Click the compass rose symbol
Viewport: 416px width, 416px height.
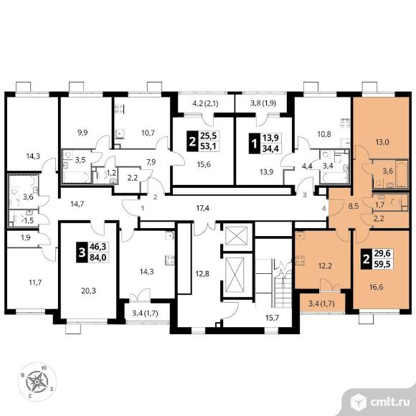(37, 382)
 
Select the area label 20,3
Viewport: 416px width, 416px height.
(89, 291)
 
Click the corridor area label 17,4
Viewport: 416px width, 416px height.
(202, 209)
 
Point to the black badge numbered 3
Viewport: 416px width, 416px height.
(82, 252)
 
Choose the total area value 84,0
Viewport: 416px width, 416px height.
(98, 257)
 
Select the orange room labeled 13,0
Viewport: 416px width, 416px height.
(380, 128)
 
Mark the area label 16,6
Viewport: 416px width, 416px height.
(376, 287)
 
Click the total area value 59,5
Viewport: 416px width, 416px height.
(382, 264)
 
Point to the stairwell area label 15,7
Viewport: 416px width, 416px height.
(273, 317)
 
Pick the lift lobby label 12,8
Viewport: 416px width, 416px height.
(202, 273)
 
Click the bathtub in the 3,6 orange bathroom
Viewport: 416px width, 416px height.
(401, 174)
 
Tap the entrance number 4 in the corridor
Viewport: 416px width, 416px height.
(323, 209)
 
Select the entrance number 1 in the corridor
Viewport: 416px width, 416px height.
(143, 209)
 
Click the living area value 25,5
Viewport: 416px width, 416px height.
(208, 136)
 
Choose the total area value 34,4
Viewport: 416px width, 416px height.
(270, 148)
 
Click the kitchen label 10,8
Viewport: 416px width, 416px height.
(324, 134)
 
